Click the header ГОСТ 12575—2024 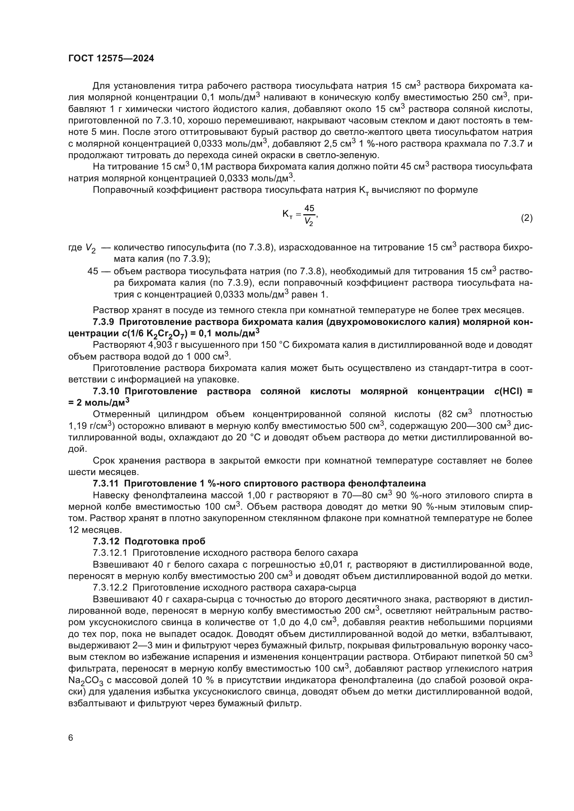111,59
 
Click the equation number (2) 526,218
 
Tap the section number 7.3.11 106,483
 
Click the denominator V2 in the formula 309,222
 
